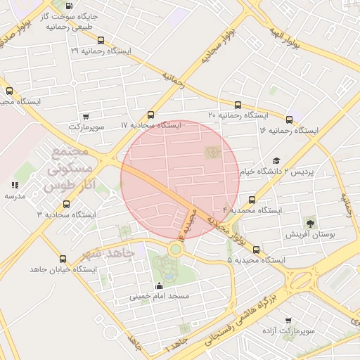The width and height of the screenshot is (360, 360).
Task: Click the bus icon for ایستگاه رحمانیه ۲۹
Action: (101, 41)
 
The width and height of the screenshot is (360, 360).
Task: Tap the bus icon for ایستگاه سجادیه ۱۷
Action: (151, 115)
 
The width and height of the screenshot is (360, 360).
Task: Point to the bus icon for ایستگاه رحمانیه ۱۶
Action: (289, 120)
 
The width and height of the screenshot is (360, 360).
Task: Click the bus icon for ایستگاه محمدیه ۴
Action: (252, 200)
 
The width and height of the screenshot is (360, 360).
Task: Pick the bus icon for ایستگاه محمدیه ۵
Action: (256, 250)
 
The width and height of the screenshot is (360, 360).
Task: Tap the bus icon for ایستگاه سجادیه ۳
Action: (67, 204)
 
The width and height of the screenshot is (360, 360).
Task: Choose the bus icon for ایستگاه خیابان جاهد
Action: (64, 259)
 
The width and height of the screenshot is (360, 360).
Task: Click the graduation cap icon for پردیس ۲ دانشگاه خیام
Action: (276, 161)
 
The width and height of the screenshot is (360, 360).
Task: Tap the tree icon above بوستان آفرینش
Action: (311, 222)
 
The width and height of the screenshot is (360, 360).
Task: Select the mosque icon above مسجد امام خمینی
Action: (159, 285)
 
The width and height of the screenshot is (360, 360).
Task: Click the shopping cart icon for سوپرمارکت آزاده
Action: (288, 320)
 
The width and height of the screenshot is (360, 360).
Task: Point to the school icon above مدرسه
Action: (14, 186)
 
